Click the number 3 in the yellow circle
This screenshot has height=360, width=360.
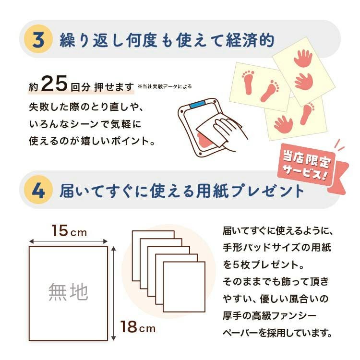38,39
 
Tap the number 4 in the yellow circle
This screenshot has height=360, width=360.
38,191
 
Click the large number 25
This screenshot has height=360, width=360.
55,84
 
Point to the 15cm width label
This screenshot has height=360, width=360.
69,231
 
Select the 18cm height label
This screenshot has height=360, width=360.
138,327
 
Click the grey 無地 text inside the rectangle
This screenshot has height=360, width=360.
68,291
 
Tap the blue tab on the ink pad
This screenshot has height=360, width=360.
198,104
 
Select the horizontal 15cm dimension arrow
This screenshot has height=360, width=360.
69,241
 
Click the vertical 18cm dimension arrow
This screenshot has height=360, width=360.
113,293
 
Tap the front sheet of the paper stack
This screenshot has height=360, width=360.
184,287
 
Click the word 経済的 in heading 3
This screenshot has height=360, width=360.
250,40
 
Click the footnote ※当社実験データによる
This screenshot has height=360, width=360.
165,86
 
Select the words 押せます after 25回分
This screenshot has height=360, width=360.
114,87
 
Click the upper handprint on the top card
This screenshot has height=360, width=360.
303,59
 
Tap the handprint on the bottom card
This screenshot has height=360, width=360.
283,124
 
